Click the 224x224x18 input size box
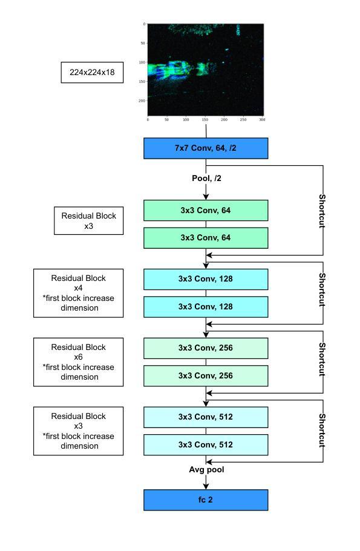(92, 73)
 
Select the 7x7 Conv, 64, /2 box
(206, 148)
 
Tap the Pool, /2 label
(206, 179)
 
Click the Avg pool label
(206, 470)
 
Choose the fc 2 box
(206, 500)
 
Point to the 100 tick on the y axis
(142, 62)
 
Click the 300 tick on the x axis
(262, 119)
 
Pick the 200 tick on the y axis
(142, 101)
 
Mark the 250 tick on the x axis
(243, 119)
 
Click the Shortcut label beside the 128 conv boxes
(322, 289)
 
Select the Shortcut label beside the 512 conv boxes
(322, 430)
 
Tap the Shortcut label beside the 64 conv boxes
(322, 211)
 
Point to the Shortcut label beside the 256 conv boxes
(322, 359)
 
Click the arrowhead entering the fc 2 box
(206, 486)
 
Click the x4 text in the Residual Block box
(78, 288)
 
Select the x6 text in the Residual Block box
(78, 357)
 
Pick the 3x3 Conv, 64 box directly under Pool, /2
(206, 211)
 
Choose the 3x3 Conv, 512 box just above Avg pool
(206, 445)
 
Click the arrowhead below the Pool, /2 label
(206, 197)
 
